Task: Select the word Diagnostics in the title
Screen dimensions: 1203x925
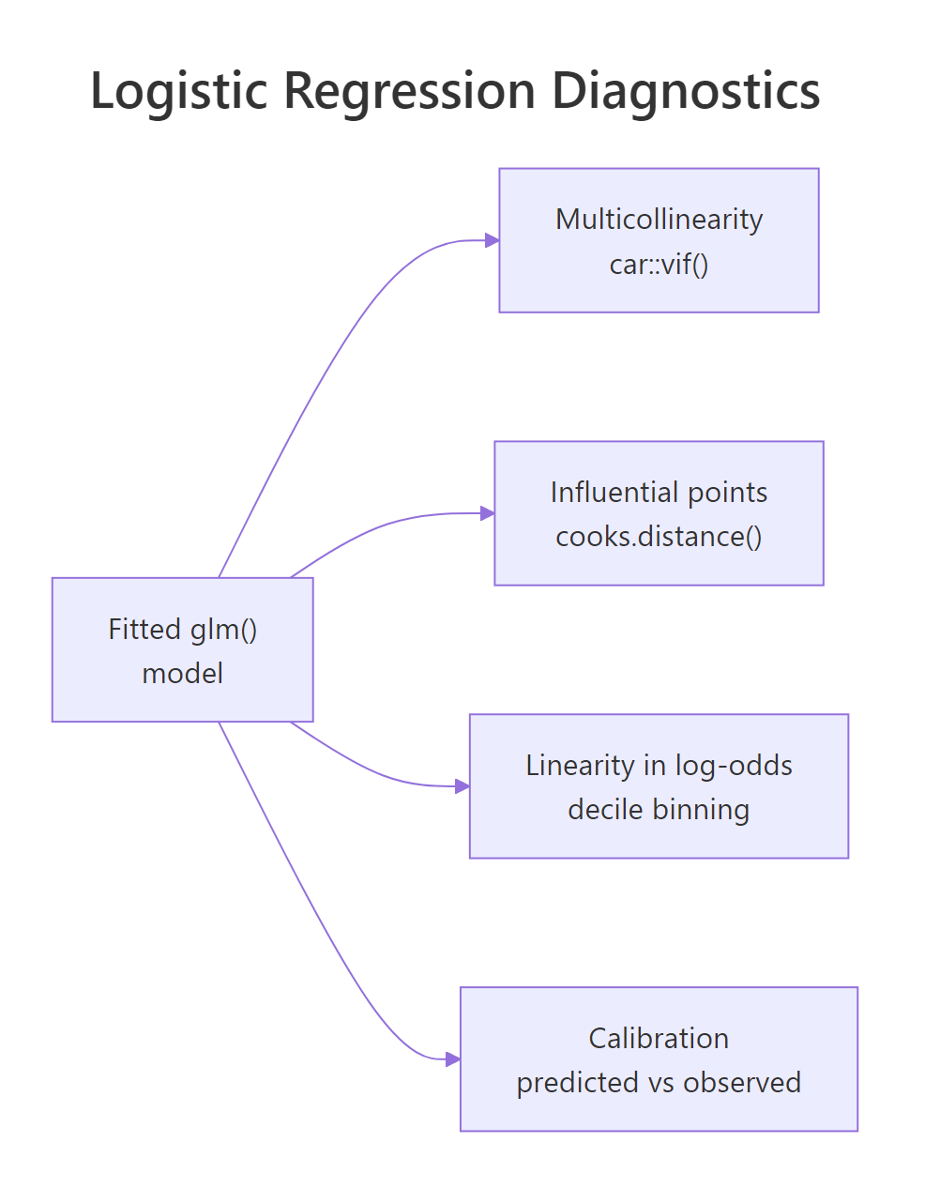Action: pyautogui.click(x=685, y=91)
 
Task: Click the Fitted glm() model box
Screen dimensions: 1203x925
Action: pyautogui.click(x=182, y=649)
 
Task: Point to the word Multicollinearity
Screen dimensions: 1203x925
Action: pyautogui.click(x=659, y=219)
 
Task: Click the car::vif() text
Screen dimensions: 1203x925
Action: pyautogui.click(x=659, y=264)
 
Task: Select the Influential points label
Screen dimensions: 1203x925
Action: pyautogui.click(x=659, y=492)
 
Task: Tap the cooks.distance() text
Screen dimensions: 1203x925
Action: pyautogui.click(x=659, y=537)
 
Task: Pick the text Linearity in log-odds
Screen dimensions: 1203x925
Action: pyautogui.click(x=659, y=765)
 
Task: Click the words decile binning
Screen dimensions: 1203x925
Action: pyautogui.click(x=659, y=809)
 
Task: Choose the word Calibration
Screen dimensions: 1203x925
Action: pyautogui.click(x=659, y=1038)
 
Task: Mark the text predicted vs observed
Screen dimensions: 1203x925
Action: pyautogui.click(x=659, y=1082)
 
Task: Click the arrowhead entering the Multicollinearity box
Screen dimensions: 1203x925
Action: pyautogui.click(x=492, y=240)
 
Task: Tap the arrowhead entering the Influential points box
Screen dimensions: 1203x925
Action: pyautogui.click(x=487, y=513)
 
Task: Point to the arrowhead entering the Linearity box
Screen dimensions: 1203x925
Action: pyautogui.click(x=462, y=786)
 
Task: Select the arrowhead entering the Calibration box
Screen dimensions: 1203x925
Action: pyautogui.click(x=452, y=1059)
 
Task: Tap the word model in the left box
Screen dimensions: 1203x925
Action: pyautogui.click(x=182, y=673)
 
